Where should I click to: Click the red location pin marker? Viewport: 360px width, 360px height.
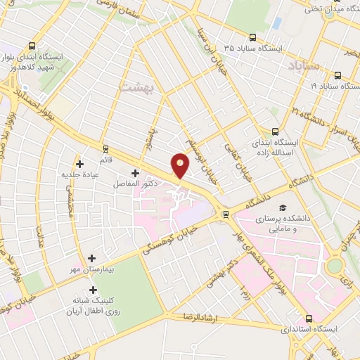pyautogui.click(x=181, y=166)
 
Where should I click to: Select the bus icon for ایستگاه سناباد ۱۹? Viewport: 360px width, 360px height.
pyautogui.click(x=337, y=75)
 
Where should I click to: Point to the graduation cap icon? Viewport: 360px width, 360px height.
pyautogui.click(x=283, y=209)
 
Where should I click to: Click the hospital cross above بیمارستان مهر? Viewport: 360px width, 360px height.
pyautogui.click(x=92, y=258)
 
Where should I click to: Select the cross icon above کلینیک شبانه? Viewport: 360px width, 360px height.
pyautogui.click(x=92, y=289)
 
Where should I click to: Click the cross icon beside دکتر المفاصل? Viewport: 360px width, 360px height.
pyautogui.click(x=134, y=173)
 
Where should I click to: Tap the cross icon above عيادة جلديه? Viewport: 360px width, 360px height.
pyautogui.click(x=79, y=164)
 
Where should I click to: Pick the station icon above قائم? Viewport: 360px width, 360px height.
pyautogui.click(x=106, y=148)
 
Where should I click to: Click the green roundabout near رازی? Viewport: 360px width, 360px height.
pyautogui.click(x=334, y=266)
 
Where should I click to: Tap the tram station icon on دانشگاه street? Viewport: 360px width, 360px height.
pyautogui.click(x=225, y=214)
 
